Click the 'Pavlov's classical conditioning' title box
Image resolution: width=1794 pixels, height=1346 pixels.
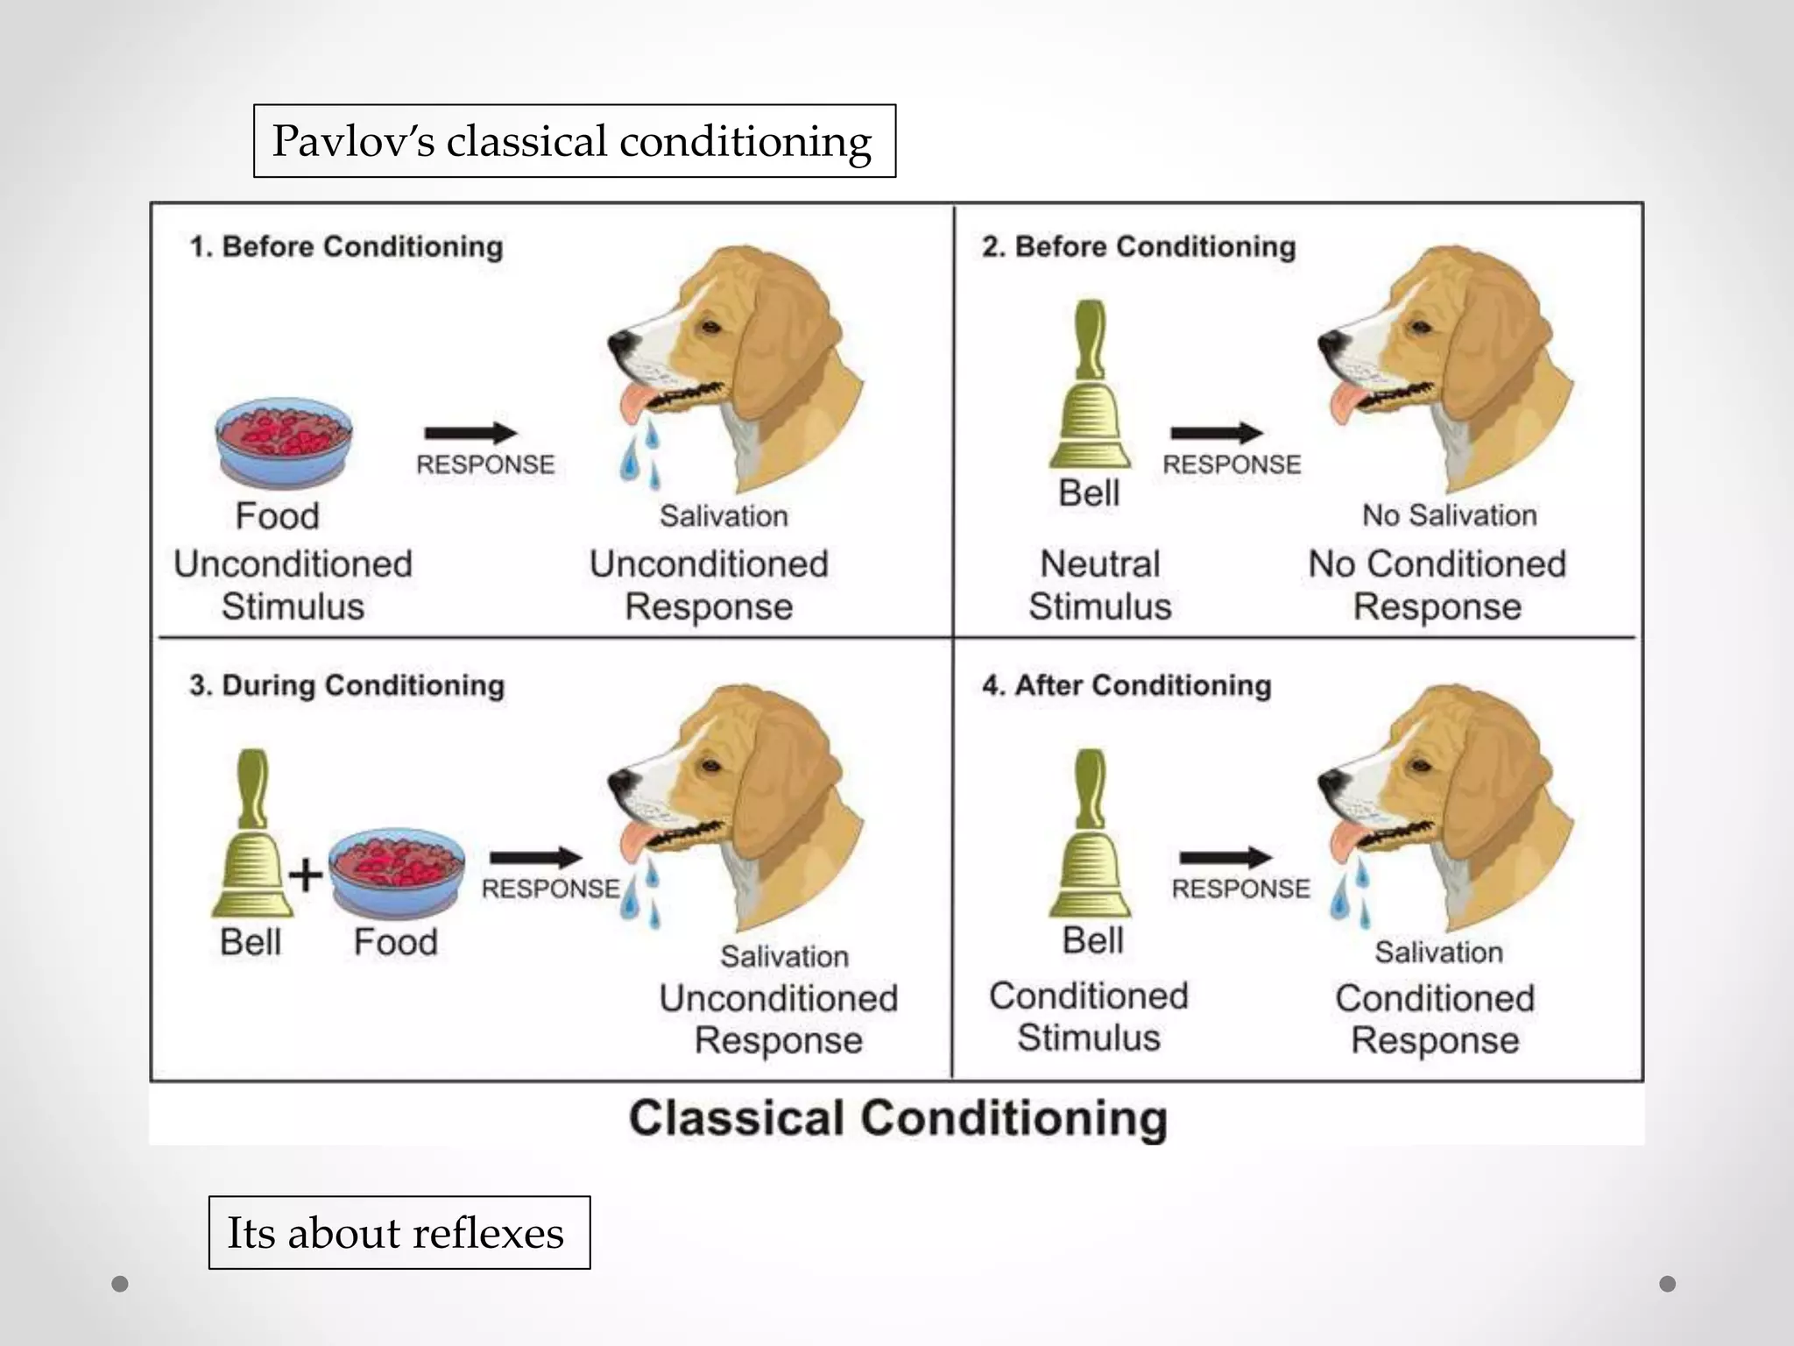pyautogui.click(x=574, y=141)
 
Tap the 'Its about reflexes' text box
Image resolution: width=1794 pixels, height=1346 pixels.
pyautogui.click(x=399, y=1232)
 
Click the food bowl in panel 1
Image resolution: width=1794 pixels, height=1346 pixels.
pyautogui.click(x=284, y=441)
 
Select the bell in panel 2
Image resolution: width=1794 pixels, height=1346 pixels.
pyautogui.click(x=1089, y=386)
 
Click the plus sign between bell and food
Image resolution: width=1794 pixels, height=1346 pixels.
pyautogui.click(x=306, y=874)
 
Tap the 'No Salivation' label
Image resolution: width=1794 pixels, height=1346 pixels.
pyautogui.click(x=1449, y=515)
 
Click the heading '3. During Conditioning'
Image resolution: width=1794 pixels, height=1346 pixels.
pyautogui.click(x=347, y=685)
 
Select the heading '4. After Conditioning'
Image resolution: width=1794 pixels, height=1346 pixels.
pyautogui.click(x=1127, y=685)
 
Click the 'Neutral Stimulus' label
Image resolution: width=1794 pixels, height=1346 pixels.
pyautogui.click(x=1099, y=584)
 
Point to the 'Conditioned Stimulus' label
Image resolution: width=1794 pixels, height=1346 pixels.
pyautogui.click(x=1088, y=1017)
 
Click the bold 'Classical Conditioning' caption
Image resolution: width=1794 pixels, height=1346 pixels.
pyautogui.click(x=897, y=1118)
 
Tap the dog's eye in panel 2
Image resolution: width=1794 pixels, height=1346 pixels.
pyautogui.click(x=1420, y=329)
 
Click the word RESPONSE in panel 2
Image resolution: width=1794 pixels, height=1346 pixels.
pyautogui.click(x=1231, y=464)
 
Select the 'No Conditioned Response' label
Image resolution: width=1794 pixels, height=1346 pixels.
pyautogui.click(x=1437, y=584)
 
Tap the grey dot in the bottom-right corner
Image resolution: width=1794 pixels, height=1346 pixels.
pyautogui.click(x=1667, y=1284)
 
